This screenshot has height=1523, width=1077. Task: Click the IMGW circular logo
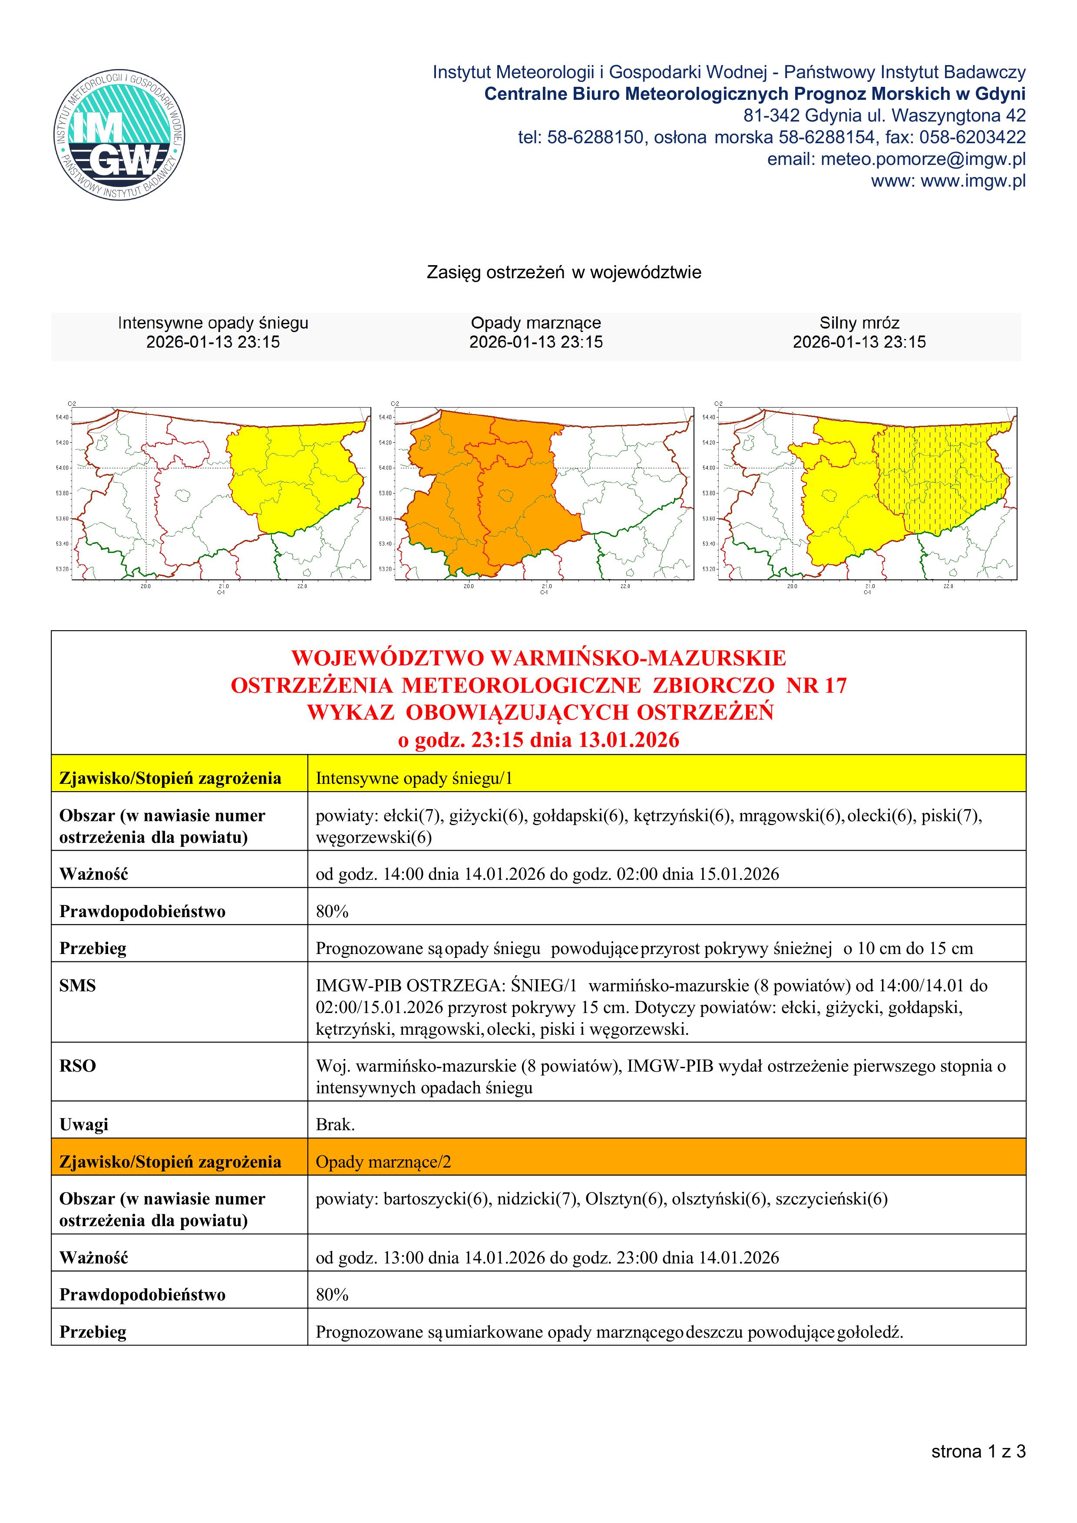pyautogui.click(x=119, y=133)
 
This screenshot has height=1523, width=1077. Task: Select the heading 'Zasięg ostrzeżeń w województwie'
pyautogui.click(x=563, y=273)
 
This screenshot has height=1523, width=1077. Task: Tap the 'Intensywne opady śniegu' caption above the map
pyautogui.click(x=213, y=323)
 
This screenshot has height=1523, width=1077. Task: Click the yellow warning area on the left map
pyautogui.click(x=299, y=477)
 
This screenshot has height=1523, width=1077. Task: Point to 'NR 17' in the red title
pyautogui.click(x=816, y=685)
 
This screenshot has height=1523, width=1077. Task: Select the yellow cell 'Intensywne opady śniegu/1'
pyautogui.click(x=414, y=778)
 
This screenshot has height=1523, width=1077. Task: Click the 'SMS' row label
pyautogui.click(x=78, y=985)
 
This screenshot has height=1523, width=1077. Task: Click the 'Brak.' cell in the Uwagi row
pyautogui.click(x=335, y=1124)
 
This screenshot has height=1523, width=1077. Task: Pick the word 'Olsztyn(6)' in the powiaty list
pyautogui.click(x=624, y=1199)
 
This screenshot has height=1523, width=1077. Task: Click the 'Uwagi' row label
pyautogui.click(x=84, y=1124)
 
